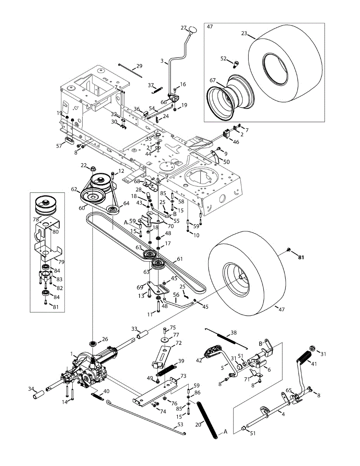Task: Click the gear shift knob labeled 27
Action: coord(193,30)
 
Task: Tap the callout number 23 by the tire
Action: coord(244,34)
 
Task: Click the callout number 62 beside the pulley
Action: coord(74,189)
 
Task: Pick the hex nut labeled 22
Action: coord(93,169)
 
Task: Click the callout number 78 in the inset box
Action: coord(36,219)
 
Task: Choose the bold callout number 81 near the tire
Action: coord(301,257)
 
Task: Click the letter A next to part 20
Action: coord(225,431)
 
